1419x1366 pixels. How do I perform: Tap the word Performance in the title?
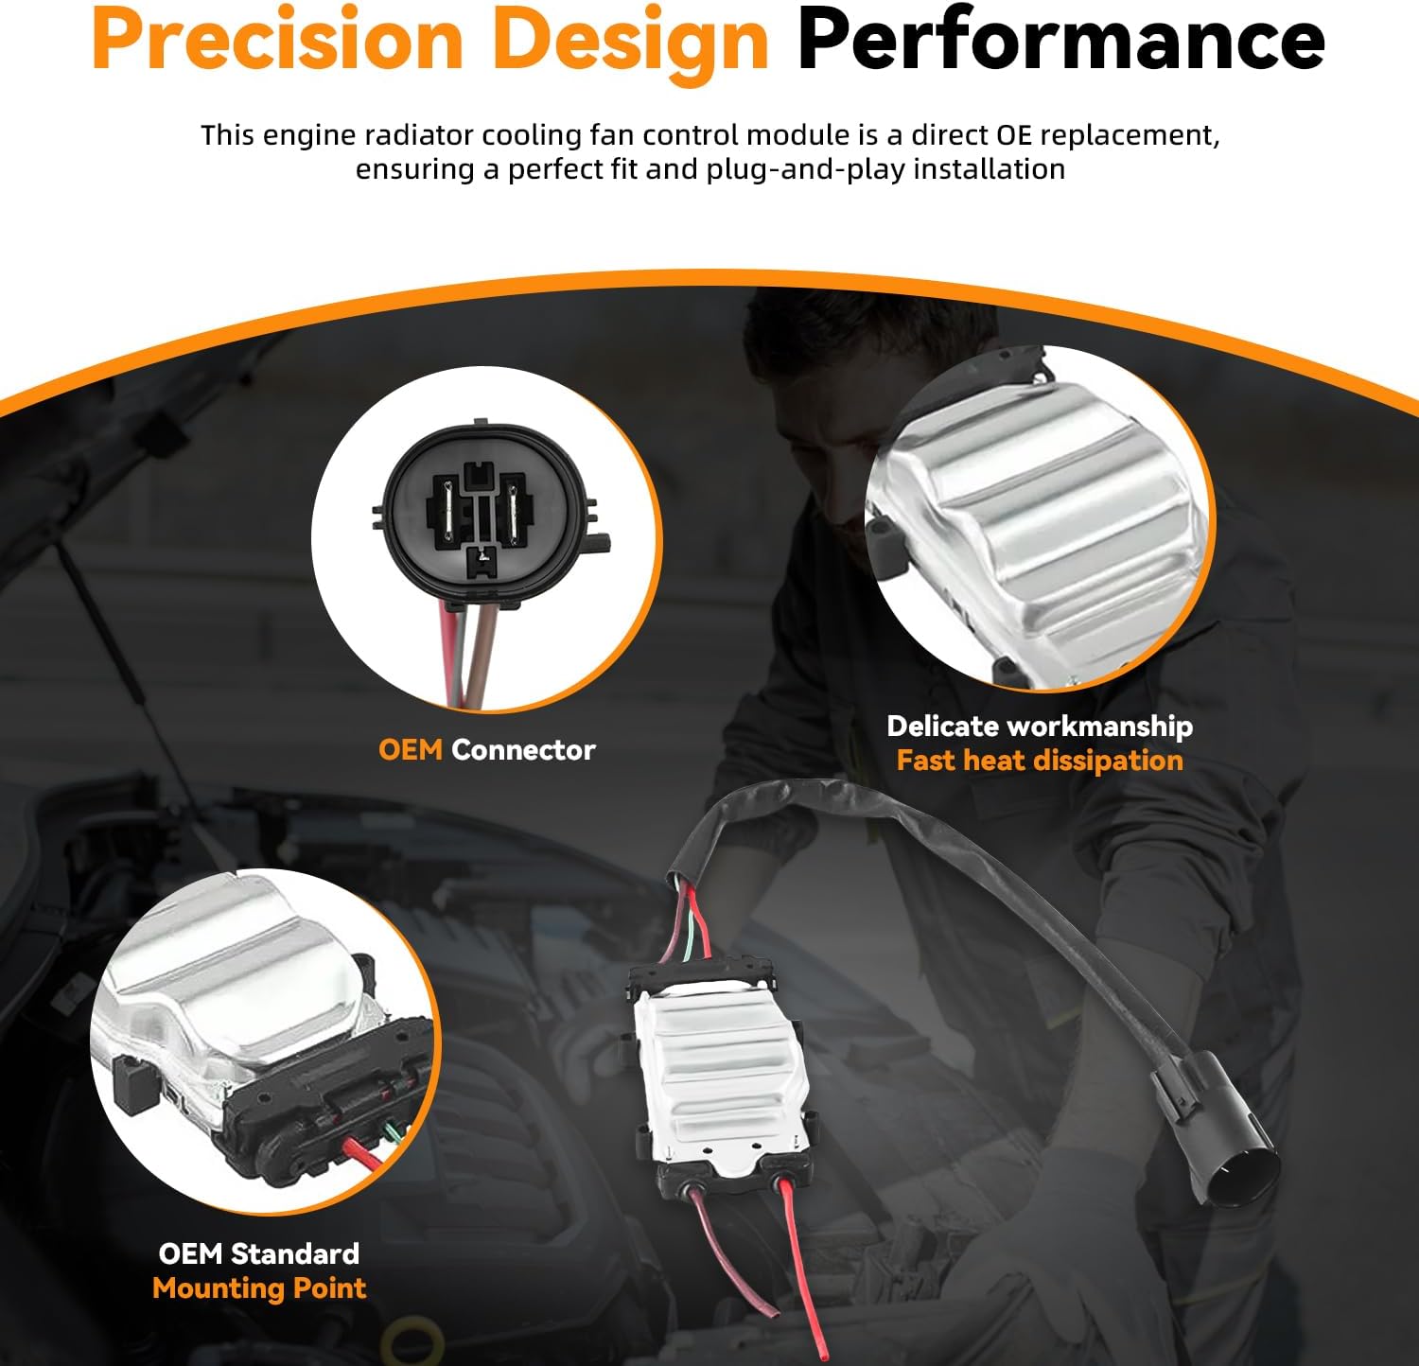click(x=1060, y=40)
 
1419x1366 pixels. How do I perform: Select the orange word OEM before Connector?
click(x=411, y=750)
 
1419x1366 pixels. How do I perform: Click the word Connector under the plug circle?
click(x=523, y=750)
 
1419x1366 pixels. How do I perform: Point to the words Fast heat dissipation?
click(x=1040, y=762)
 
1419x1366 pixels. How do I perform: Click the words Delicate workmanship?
click(x=1040, y=727)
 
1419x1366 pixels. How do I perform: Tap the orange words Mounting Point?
click(x=259, y=1288)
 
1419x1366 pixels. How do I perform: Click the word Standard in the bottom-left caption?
click(x=295, y=1253)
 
